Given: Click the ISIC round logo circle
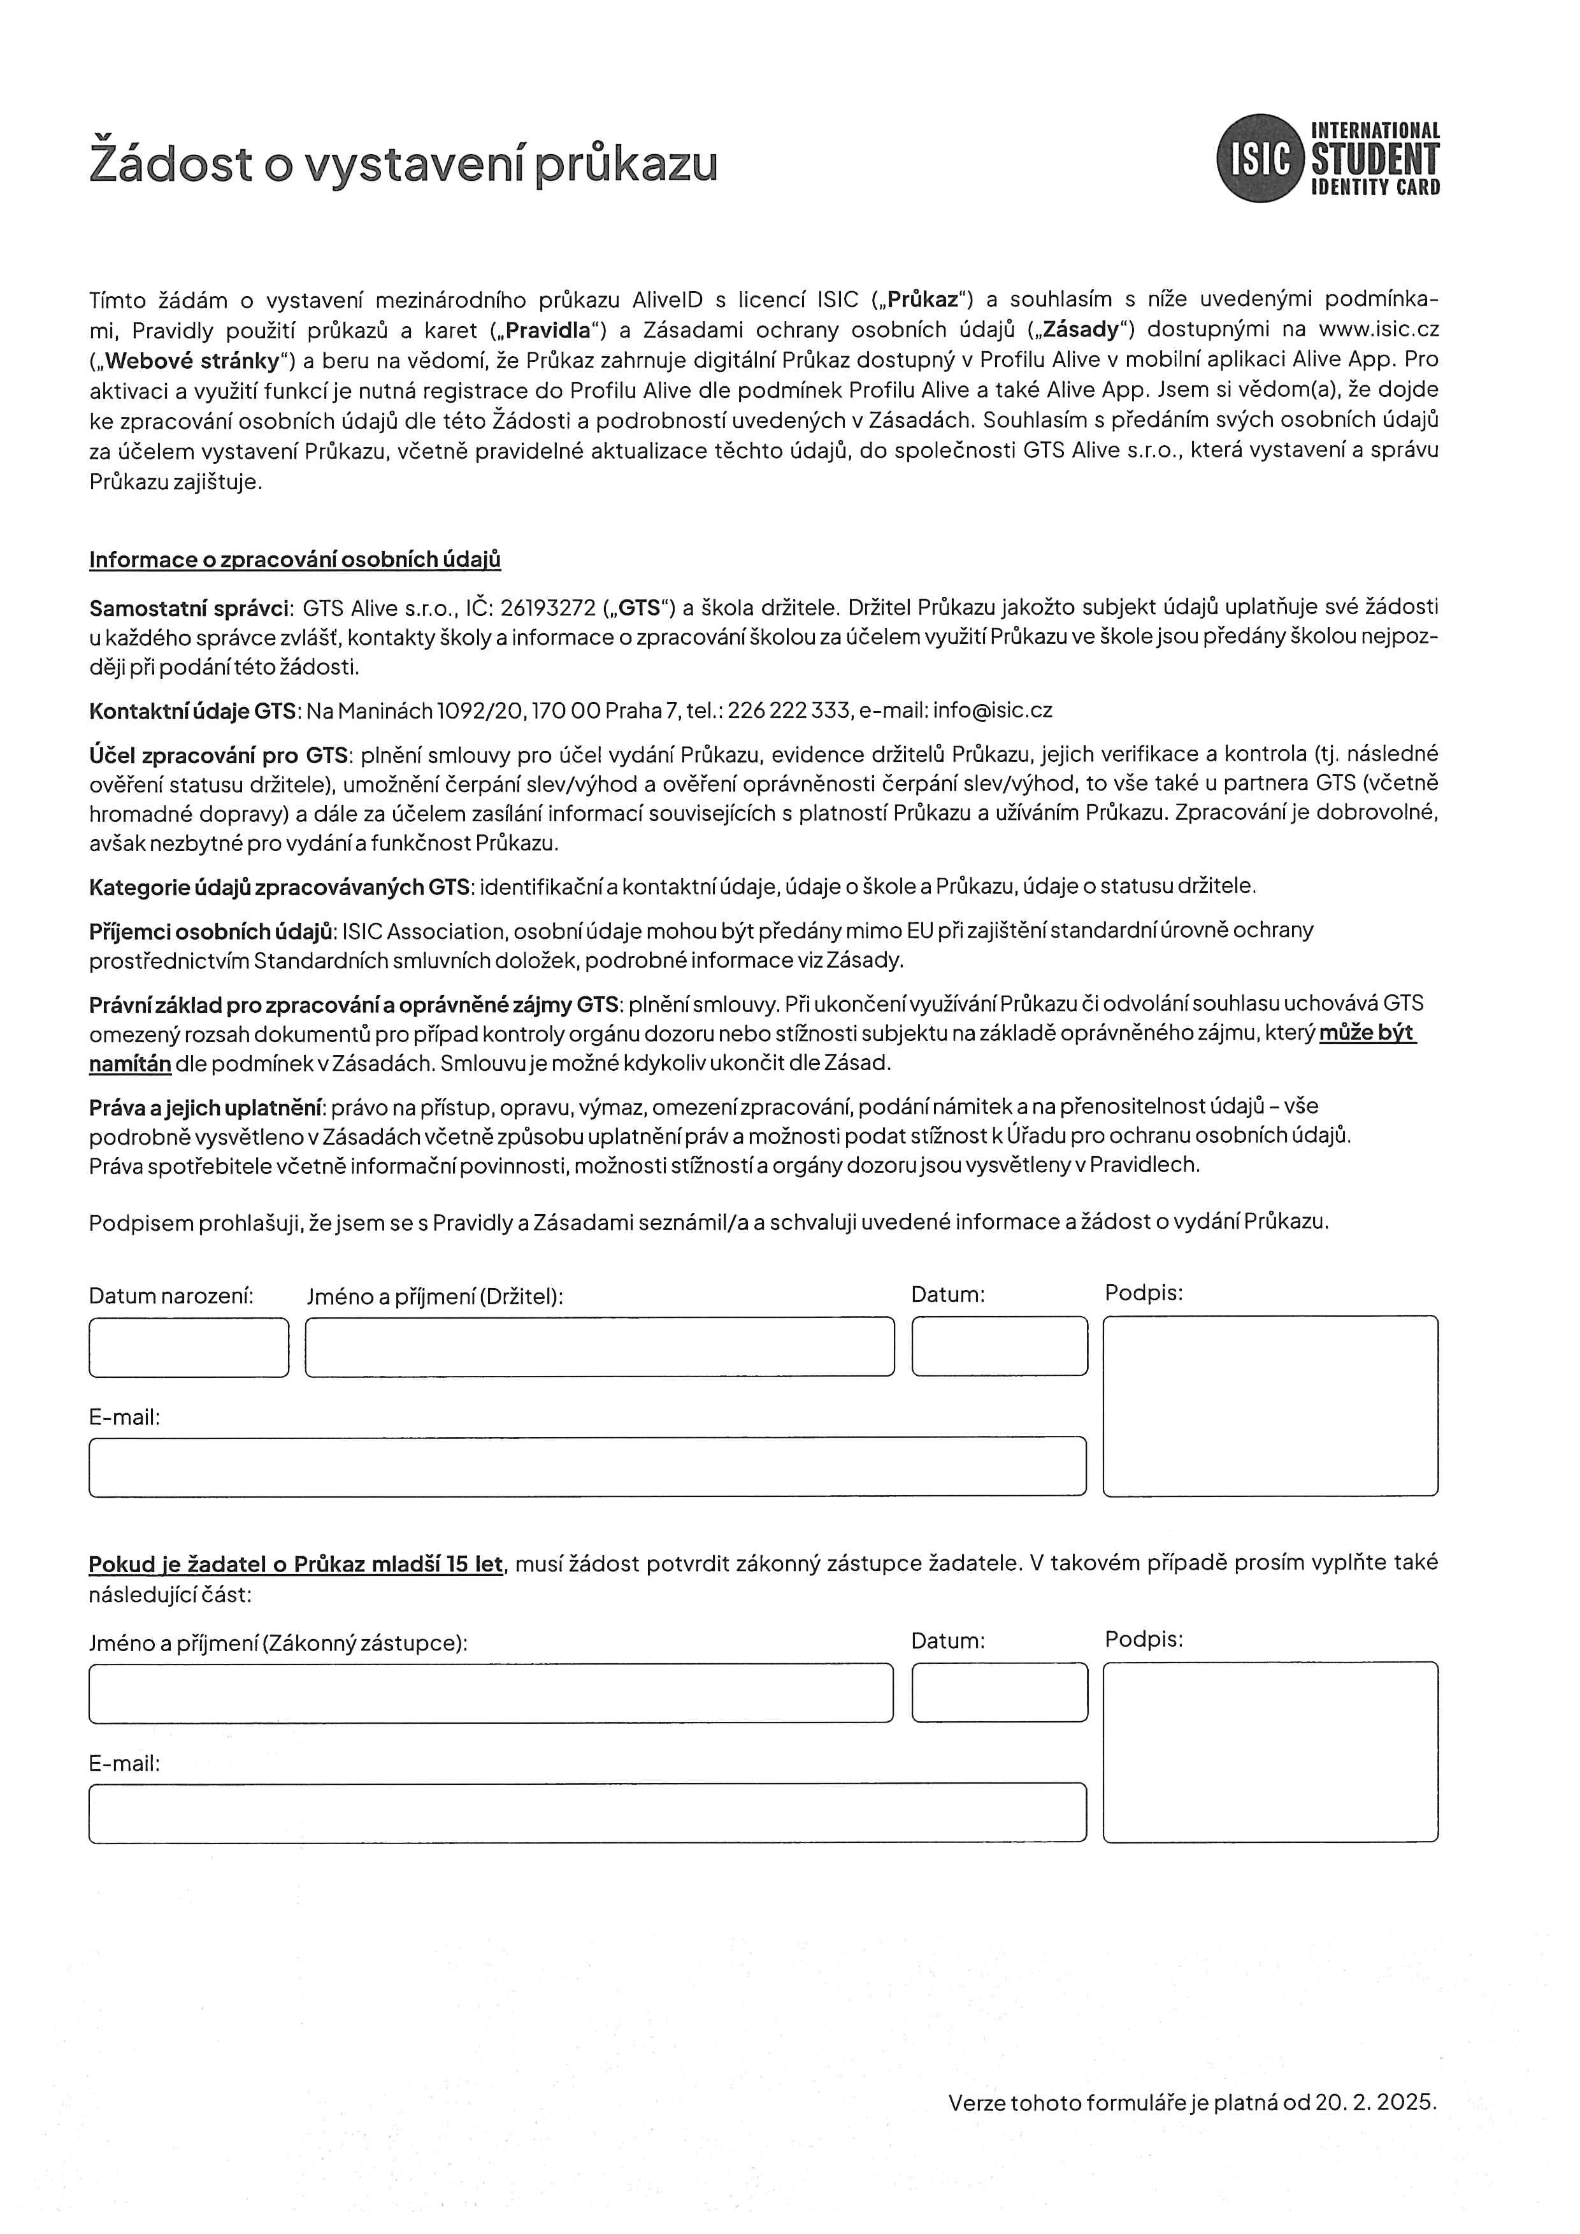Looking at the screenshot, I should click(x=1260, y=159).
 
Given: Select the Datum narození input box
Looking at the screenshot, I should click(x=189, y=1348).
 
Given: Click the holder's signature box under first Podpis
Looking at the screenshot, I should click(x=1270, y=1406).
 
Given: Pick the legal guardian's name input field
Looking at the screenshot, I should click(x=491, y=1693).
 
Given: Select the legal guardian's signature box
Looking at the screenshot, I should click(x=1270, y=1751).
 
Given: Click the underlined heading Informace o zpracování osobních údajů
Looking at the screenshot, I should click(x=295, y=559).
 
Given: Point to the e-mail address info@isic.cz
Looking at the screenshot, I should click(x=993, y=710).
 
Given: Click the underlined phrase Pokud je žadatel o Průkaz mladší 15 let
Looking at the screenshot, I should click(x=296, y=1565).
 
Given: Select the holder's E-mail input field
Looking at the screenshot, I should click(x=587, y=1466).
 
